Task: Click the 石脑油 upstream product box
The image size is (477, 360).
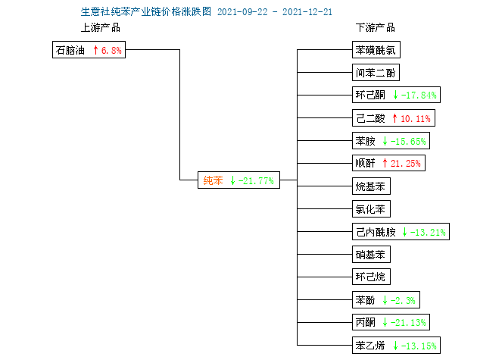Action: [x=89, y=50]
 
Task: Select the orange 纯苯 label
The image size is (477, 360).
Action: [x=213, y=180]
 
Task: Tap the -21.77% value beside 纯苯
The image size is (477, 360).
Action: [x=256, y=181]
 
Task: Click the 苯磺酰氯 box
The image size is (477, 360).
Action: [x=376, y=50]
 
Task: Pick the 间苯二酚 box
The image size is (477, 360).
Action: [x=376, y=73]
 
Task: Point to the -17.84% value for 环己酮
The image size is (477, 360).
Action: [x=419, y=95]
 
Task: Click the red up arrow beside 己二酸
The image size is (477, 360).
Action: [x=395, y=118]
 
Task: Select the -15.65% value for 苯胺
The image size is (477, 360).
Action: [x=408, y=141]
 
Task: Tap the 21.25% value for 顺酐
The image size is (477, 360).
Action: [x=406, y=164]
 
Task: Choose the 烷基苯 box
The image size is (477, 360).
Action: [x=371, y=186]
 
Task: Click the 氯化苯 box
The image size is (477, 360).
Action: [x=371, y=209]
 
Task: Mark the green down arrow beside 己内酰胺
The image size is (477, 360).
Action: [x=404, y=232]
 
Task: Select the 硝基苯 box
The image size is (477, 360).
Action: [x=371, y=255]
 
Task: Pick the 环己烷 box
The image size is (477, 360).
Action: [x=371, y=277]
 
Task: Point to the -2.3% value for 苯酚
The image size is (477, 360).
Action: [x=403, y=301]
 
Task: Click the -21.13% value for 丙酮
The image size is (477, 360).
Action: [x=408, y=323]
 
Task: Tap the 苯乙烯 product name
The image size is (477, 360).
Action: [x=370, y=346]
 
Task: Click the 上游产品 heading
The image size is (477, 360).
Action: [x=101, y=27]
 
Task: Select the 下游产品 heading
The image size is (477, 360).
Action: [x=376, y=27]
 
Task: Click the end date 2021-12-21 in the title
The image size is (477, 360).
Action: [x=307, y=12]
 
